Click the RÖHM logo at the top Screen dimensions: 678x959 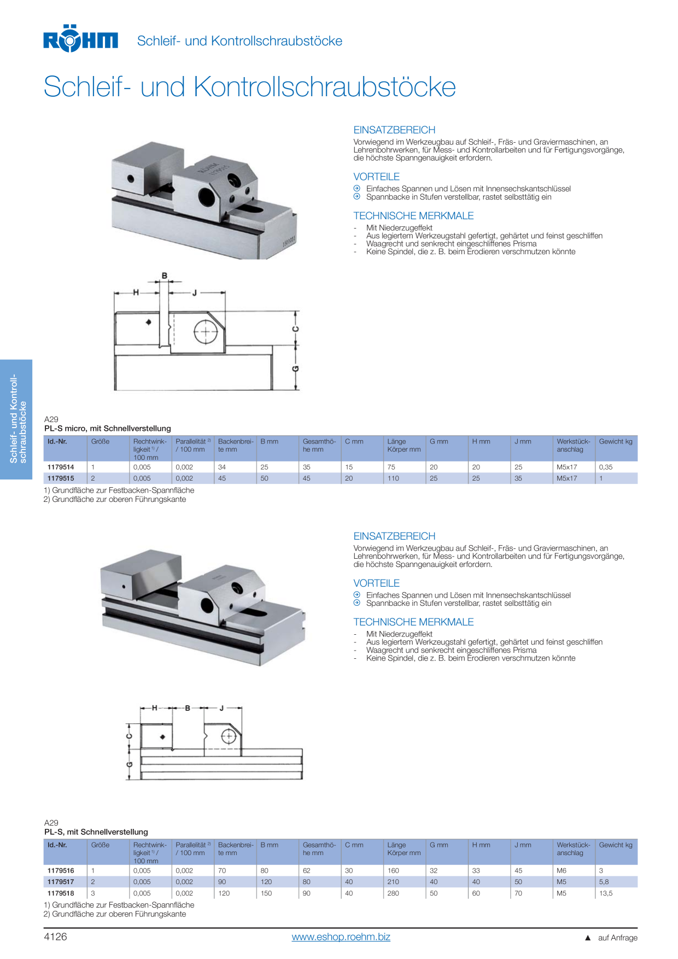tap(80, 39)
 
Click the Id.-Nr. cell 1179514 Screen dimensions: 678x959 tap(61, 467)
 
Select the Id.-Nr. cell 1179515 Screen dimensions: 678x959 tap(61, 478)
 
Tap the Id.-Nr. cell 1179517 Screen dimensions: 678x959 tap(61, 882)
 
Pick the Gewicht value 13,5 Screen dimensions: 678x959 tap(606, 893)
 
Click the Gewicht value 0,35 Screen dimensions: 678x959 tap(606, 467)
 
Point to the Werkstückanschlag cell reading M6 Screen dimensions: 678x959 tap(562, 871)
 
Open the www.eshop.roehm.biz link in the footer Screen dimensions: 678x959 tap(341, 937)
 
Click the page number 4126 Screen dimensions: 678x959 tap(55, 937)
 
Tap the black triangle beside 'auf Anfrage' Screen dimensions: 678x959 tap(588, 938)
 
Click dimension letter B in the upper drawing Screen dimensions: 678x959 tap(165, 276)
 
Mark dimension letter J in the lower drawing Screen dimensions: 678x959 tap(222, 708)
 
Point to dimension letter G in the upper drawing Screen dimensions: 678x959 tap(296, 369)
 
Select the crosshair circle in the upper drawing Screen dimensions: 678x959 tap(206, 331)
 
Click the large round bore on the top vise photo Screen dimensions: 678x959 tap(207, 196)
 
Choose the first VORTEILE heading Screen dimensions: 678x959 tap(377, 177)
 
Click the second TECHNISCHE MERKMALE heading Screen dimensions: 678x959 tap(413, 622)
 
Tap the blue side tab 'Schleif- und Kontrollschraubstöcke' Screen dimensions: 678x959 tap(16, 419)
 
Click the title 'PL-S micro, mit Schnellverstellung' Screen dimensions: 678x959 tap(108, 429)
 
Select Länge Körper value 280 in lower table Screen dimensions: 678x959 tap(393, 893)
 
